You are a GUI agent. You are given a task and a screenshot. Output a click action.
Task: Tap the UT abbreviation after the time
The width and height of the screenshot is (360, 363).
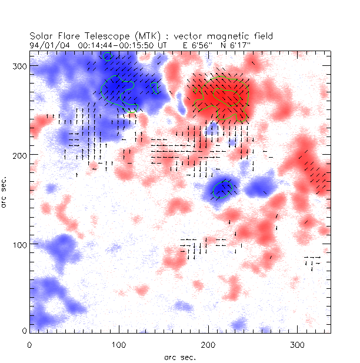(x=163, y=44)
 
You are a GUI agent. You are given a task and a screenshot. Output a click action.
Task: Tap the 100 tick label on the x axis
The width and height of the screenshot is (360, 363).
(x=119, y=343)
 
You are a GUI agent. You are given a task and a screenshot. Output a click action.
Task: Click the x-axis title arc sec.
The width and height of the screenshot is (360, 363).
(x=180, y=357)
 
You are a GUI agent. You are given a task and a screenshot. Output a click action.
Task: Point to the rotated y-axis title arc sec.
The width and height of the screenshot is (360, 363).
(x=5, y=192)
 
